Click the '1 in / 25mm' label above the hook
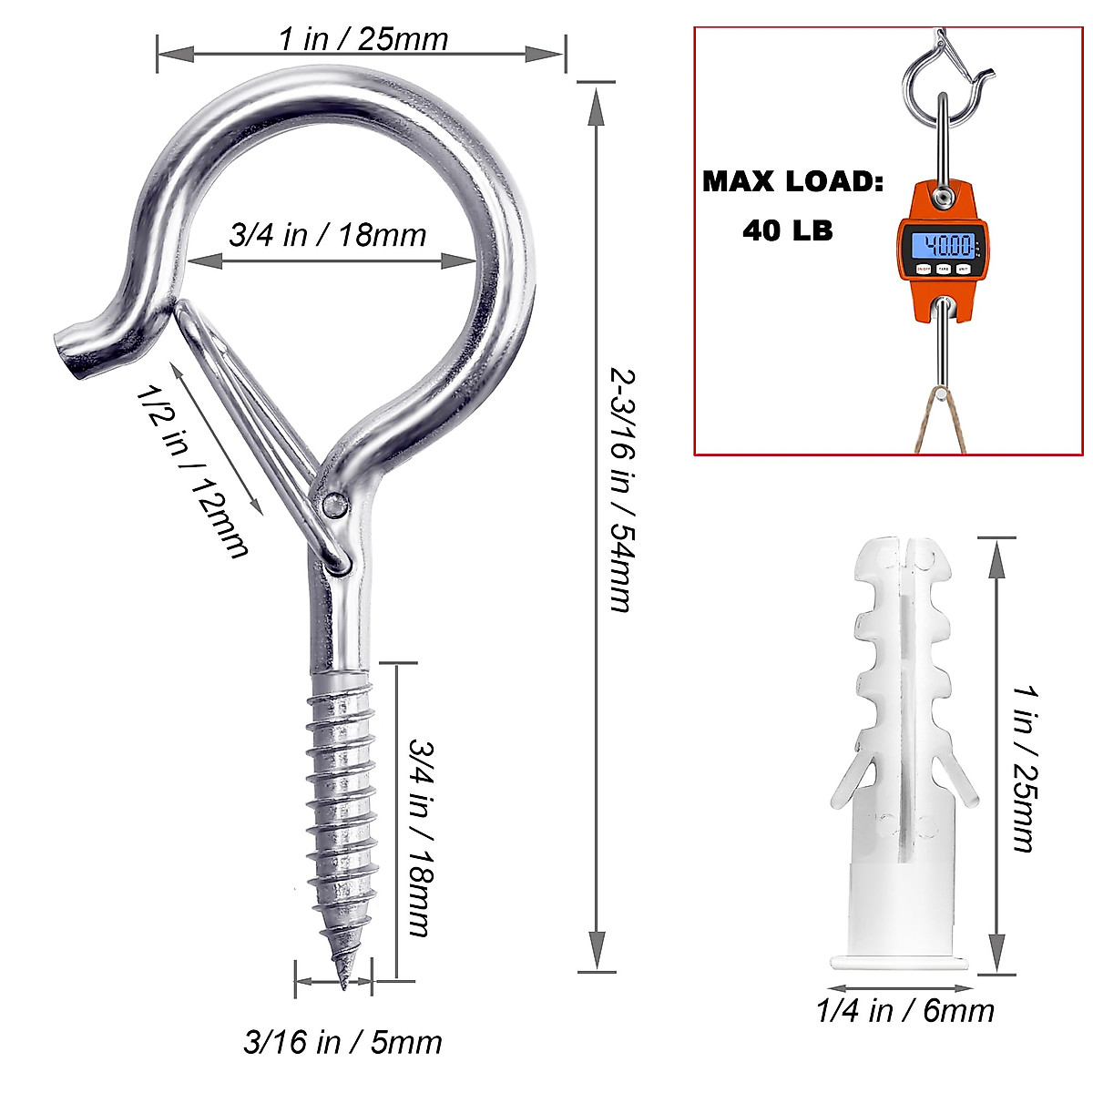363,40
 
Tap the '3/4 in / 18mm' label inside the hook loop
328,235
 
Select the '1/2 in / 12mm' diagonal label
191,472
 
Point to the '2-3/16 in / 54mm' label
622,491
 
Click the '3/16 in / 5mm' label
342,1043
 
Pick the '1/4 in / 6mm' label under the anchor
905,1011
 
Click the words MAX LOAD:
793,182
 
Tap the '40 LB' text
788,230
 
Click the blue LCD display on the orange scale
942,246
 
